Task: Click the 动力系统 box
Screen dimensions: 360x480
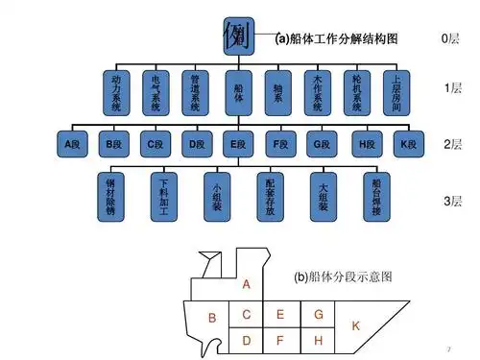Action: [x=115, y=91]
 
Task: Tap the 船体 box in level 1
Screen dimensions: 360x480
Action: [x=238, y=91]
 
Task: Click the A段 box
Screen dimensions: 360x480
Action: [x=72, y=145]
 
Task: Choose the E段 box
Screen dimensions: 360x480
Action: [x=238, y=145]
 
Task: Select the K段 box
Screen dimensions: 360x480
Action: [x=407, y=145]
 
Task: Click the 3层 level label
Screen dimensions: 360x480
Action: [x=452, y=201]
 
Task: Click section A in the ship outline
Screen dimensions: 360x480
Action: [x=247, y=285]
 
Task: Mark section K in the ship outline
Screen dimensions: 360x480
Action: [x=355, y=326]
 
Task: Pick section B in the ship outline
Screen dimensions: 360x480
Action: [x=212, y=319]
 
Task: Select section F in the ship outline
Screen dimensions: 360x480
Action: [x=280, y=340]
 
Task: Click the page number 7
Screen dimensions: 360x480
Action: [x=449, y=346]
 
